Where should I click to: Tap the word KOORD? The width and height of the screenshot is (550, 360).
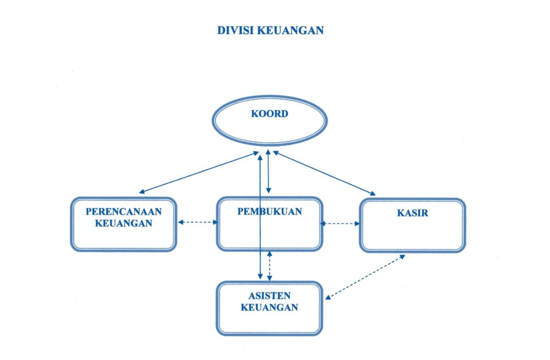269,114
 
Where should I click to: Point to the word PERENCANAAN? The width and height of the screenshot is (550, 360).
124,212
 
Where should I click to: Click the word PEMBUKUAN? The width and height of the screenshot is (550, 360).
269,212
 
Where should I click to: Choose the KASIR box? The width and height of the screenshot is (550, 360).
412,234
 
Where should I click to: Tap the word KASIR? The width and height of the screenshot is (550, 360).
412,213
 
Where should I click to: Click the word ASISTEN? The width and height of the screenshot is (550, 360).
269,296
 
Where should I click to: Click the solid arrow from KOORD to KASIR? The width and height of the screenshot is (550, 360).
324,173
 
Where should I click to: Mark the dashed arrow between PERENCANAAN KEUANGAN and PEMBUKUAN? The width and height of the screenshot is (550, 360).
198,222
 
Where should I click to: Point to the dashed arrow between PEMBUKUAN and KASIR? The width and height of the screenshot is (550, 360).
340,224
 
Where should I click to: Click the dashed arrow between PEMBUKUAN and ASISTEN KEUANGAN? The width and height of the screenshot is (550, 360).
270,266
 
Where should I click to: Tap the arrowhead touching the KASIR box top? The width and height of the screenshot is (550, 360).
372,194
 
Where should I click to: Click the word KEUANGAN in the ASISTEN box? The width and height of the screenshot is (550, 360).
269,307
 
